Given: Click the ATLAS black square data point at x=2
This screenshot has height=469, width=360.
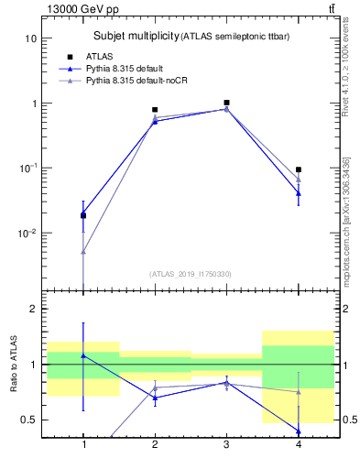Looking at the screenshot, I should pyautogui.click(x=155, y=110).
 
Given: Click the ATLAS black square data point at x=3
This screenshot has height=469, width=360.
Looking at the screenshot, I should pyautogui.click(x=226, y=103).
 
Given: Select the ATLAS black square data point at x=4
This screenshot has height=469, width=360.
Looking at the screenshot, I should pyautogui.click(x=299, y=169).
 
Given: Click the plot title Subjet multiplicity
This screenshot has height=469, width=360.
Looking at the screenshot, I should pyautogui.click(x=136, y=36).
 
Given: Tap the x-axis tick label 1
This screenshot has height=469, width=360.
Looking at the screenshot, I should pyautogui.click(x=83, y=445).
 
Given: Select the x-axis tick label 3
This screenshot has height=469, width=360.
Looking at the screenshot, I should pyautogui.click(x=226, y=445).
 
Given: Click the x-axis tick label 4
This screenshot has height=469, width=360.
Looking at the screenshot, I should pyautogui.click(x=299, y=445).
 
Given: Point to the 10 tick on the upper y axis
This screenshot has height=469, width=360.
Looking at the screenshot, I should pyautogui.click(x=29, y=38).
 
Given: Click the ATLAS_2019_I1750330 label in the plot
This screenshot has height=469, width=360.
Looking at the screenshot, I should pyautogui.click(x=191, y=274).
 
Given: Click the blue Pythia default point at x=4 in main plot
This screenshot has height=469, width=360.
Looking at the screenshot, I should pyautogui.click(x=299, y=193).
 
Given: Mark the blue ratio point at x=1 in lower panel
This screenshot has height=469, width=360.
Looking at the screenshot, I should pyautogui.click(x=83, y=355).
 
